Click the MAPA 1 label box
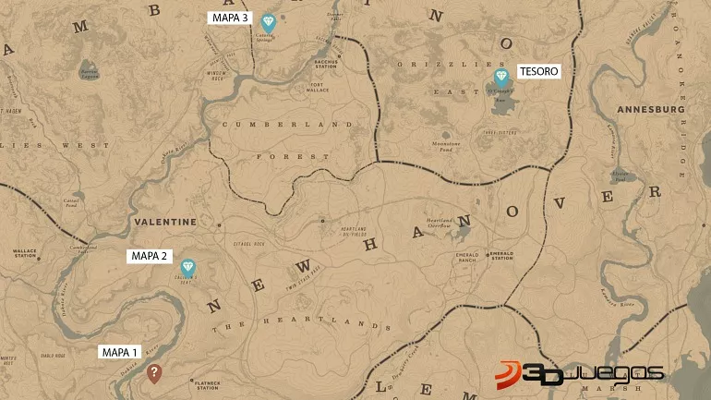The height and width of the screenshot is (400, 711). click(120, 352)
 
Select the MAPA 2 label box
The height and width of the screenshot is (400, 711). click(149, 256)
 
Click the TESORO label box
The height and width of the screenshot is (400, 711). click(538, 71)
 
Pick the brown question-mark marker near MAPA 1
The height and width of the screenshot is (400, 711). click(154, 372)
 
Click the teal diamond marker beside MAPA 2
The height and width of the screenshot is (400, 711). click(188, 268)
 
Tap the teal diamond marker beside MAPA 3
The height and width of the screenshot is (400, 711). click(269, 22)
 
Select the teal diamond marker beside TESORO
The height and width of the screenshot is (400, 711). click(501, 77)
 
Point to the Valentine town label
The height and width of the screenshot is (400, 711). click(165, 222)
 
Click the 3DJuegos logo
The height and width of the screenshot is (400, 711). click(580, 373)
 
